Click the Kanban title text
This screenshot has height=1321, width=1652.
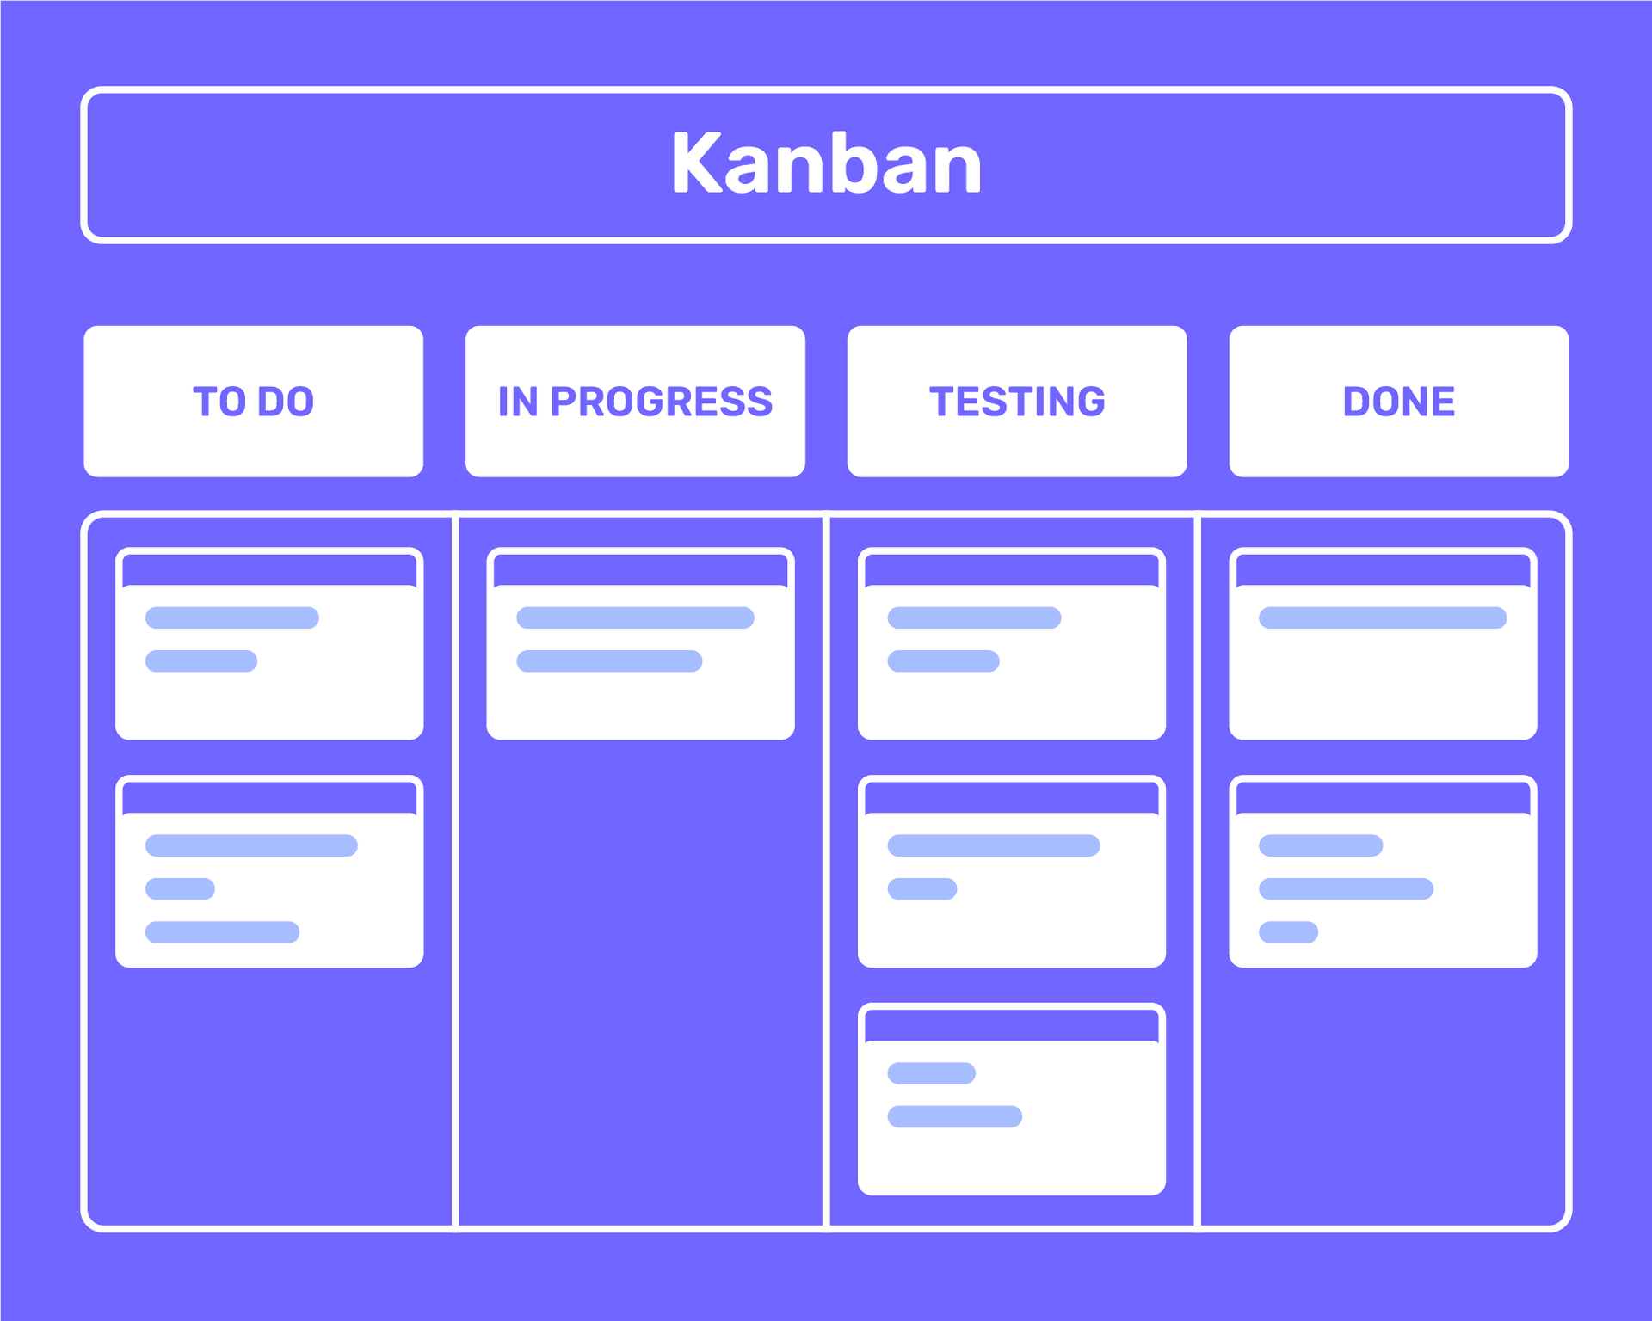[x=826, y=163]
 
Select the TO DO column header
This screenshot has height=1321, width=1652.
[x=253, y=401]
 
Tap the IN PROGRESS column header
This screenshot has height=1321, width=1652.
[x=635, y=401]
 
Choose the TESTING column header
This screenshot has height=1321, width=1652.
[x=1017, y=401]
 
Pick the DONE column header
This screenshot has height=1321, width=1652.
[x=1399, y=401]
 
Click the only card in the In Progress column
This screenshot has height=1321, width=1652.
[x=640, y=643]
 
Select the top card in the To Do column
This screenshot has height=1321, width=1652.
[x=269, y=643]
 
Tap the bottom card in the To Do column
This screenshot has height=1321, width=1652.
[x=269, y=871]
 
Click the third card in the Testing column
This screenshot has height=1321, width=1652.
[x=1012, y=1099]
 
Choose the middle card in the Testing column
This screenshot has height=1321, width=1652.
[x=1012, y=871]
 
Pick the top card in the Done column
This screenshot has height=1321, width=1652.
[x=1383, y=643]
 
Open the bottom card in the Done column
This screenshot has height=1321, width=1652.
[x=1383, y=871]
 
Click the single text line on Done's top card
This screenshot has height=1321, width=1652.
[x=1383, y=617]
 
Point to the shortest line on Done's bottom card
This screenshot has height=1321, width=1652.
[x=1288, y=932]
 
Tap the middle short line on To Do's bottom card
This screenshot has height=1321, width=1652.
[x=180, y=888]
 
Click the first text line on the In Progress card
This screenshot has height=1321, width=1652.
[x=635, y=617]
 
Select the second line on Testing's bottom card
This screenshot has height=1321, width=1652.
[x=954, y=1116]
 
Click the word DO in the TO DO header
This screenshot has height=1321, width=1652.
[x=286, y=402]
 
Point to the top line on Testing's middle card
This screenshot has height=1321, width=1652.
[x=994, y=845]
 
